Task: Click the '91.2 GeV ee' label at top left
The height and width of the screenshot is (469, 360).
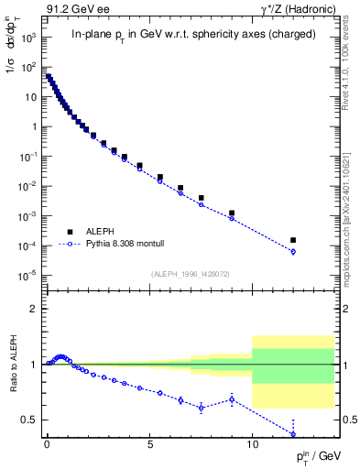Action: [x=71, y=10]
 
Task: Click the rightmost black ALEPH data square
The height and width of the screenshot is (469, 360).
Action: [x=293, y=240]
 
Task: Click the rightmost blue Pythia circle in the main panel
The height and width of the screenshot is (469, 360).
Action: [x=293, y=251]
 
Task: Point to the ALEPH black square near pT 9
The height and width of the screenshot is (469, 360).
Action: [x=232, y=213]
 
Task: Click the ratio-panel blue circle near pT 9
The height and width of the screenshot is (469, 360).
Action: [x=232, y=398]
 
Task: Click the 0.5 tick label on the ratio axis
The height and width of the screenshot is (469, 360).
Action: [x=32, y=420]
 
